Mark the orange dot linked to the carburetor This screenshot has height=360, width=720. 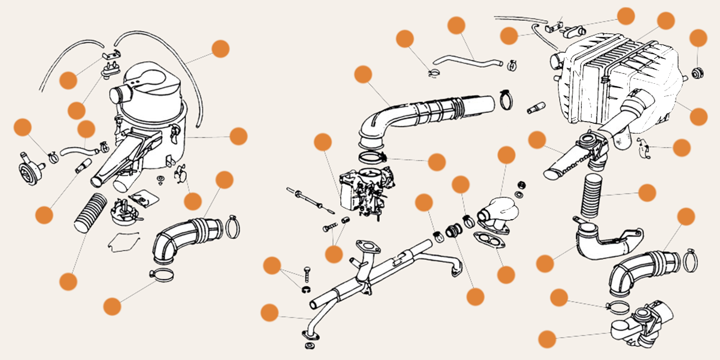[323, 142]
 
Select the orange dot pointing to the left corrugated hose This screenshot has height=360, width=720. [68, 281]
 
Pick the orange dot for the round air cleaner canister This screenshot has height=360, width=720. [238, 136]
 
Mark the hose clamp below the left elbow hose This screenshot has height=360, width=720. [161, 273]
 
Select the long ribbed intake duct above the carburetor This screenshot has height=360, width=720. [427, 112]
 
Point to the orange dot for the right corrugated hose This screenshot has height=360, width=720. [647, 193]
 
